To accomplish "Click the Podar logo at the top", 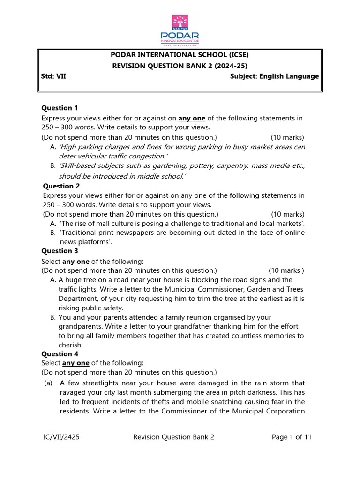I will tap(180, 30).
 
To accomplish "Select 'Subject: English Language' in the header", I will tap(274, 76).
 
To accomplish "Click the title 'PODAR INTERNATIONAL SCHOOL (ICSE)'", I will tap(180, 55).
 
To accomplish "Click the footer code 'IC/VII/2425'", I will tap(60, 437).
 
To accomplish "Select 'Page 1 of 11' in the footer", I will tap(292, 437).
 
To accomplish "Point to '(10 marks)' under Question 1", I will tap(287, 137).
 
